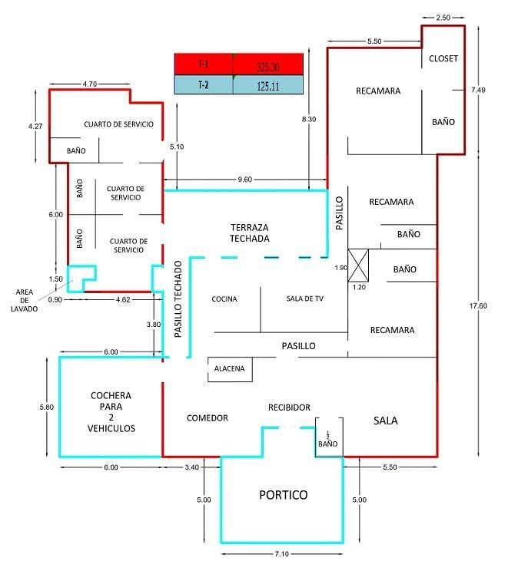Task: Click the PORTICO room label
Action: (x=282, y=495)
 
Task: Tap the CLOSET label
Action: (x=443, y=58)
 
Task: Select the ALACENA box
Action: (x=229, y=369)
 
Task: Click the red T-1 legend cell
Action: (x=204, y=64)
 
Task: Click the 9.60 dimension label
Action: (x=244, y=180)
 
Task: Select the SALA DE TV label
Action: (x=304, y=299)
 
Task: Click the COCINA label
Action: (x=224, y=299)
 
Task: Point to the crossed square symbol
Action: (x=358, y=266)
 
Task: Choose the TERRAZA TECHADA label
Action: (x=249, y=233)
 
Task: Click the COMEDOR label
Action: (x=208, y=418)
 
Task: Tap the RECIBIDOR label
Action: (x=289, y=407)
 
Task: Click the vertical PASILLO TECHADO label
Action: (x=178, y=300)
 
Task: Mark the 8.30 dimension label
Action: (x=309, y=119)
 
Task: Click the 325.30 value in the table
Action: (x=267, y=64)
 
